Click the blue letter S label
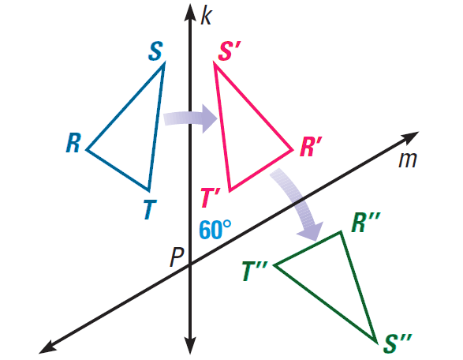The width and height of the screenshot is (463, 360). coord(155,51)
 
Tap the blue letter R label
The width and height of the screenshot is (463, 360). coord(73,143)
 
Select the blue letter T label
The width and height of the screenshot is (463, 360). coord(151,209)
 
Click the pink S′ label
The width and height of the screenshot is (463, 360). coord(230,51)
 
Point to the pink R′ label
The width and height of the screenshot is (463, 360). coord(311,146)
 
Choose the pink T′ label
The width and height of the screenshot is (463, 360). coord(211,197)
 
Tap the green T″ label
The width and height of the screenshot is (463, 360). coord(255,271)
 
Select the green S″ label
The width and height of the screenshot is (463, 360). coord(398,343)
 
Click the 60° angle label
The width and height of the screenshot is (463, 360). coord(215,230)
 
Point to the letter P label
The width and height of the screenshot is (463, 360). coord(177,257)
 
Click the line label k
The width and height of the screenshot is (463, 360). coord(206,17)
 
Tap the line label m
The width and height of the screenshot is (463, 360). coord(408,160)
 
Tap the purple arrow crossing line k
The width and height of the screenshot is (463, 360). coord(190,118)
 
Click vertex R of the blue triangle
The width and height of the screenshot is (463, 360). coord(86,149)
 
